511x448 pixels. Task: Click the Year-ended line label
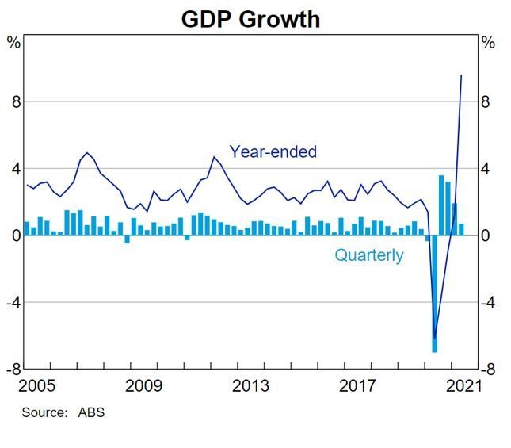click(x=273, y=151)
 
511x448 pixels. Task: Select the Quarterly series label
click(x=368, y=255)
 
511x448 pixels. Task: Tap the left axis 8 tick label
click(x=14, y=102)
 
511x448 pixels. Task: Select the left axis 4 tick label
click(x=14, y=169)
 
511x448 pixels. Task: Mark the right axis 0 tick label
click(x=488, y=235)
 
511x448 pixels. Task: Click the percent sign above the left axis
click(x=13, y=43)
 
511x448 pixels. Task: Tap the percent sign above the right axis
click(x=488, y=43)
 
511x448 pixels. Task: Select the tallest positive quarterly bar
click(x=441, y=205)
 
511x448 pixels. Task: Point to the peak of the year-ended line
click(x=461, y=76)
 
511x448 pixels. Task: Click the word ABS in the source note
click(x=91, y=412)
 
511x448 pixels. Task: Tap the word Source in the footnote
click(x=44, y=412)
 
